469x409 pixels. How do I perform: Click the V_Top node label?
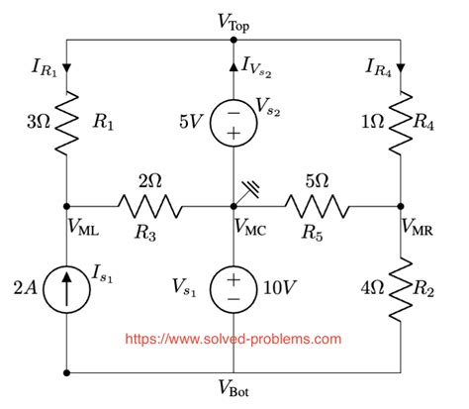pyautogui.click(x=234, y=20)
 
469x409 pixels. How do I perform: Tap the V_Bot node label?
pyautogui.click(x=234, y=391)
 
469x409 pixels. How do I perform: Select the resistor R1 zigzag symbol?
pyautogui.click(x=66, y=123)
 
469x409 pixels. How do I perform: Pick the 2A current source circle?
pyautogui.click(x=66, y=290)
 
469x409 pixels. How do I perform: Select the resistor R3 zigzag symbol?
pyautogui.click(x=150, y=206)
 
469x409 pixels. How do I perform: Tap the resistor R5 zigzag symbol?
pyautogui.click(x=317, y=206)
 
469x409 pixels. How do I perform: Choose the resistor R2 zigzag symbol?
pyautogui.click(x=401, y=290)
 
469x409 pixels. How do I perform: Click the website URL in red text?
pyautogui.click(x=233, y=338)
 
